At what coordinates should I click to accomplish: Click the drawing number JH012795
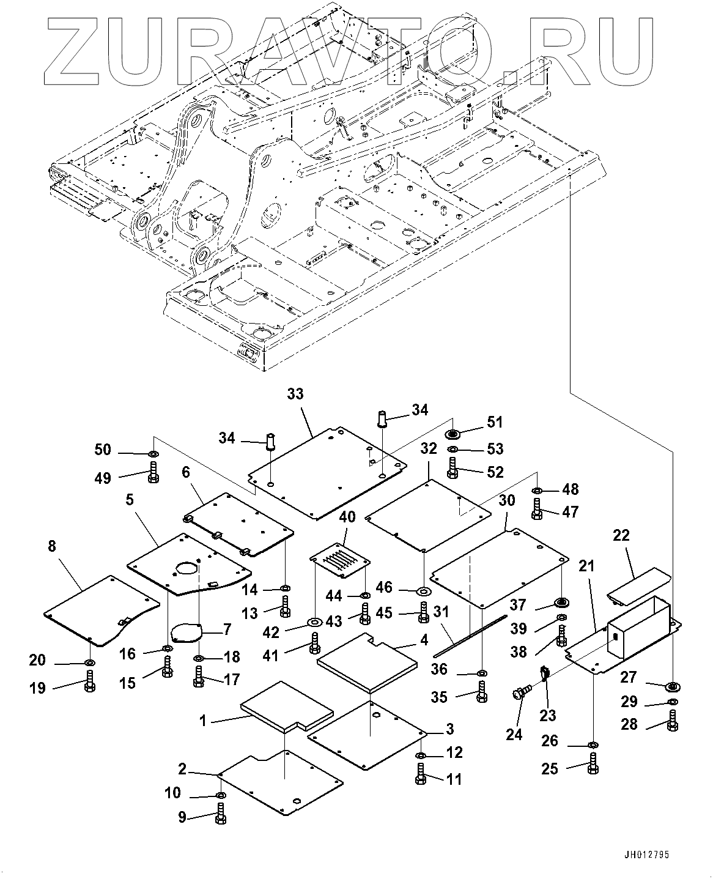pyautogui.click(x=649, y=855)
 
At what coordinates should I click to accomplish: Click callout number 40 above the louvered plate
pyautogui.click(x=347, y=518)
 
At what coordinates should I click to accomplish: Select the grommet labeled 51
pyautogui.click(x=453, y=434)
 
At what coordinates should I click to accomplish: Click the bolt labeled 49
pyautogui.click(x=153, y=473)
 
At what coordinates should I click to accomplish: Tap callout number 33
pyautogui.click(x=295, y=395)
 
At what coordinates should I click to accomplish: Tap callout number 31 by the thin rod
pyautogui.click(x=441, y=612)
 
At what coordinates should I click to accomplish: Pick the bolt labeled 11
pyautogui.click(x=421, y=774)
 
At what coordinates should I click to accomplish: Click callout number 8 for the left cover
pyautogui.click(x=52, y=546)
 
